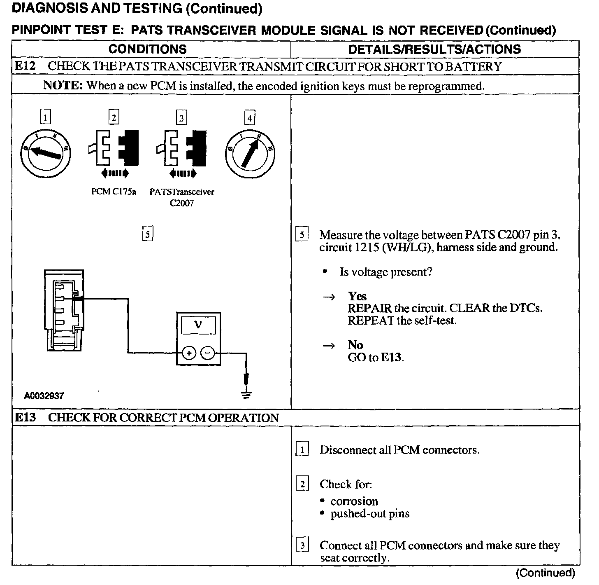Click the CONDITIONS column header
[147, 49]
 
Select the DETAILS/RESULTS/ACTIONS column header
[434, 49]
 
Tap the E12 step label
[25, 66]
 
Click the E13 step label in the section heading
[25, 417]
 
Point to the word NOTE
[63, 86]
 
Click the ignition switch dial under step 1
[46, 153]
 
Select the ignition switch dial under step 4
[250, 153]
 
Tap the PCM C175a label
[114, 192]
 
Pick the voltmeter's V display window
[198, 325]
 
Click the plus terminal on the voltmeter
[188, 353]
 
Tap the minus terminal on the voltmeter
[208, 353]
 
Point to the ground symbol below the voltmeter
[246, 394]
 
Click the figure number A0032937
[44, 396]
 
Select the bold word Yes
[357, 296]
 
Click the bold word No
[355, 345]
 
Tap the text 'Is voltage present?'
[385, 272]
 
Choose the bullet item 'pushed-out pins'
[370, 514]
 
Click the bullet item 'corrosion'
[354, 501]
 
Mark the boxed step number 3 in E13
[302, 546]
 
